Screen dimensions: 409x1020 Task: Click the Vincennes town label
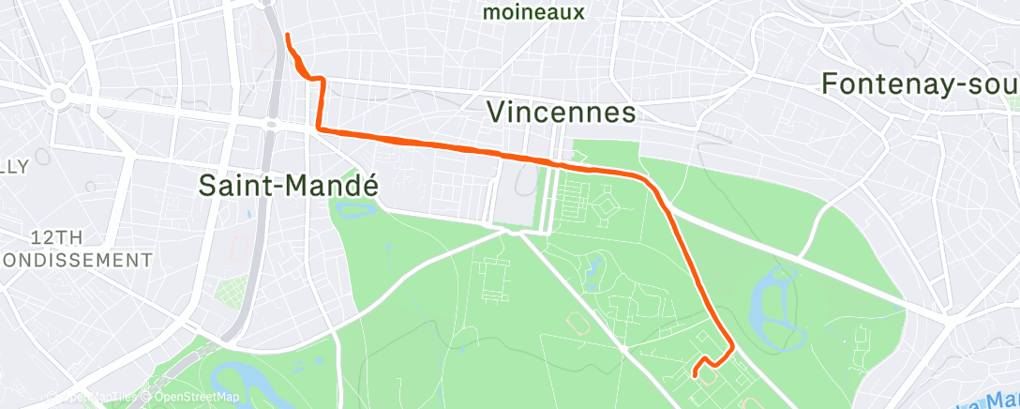tap(562, 113)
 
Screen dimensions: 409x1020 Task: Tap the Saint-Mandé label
tap(289, 185)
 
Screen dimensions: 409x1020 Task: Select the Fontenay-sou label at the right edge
tap(919, 83)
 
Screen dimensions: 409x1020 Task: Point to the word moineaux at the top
tap(533, 13)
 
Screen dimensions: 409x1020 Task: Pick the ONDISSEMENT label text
tap(76, 259)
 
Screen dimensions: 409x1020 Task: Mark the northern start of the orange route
tap(286, 36)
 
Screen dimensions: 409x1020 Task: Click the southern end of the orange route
tap(695, 375)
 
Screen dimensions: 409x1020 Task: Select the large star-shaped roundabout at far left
tap(58, 96)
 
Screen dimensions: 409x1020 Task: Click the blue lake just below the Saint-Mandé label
tap(352, 205)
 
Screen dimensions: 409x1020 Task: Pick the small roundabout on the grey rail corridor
tap(270, 123)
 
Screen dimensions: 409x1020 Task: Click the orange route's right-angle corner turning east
tap(320, 128)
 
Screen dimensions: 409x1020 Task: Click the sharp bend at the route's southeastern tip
tap(731, 349)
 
